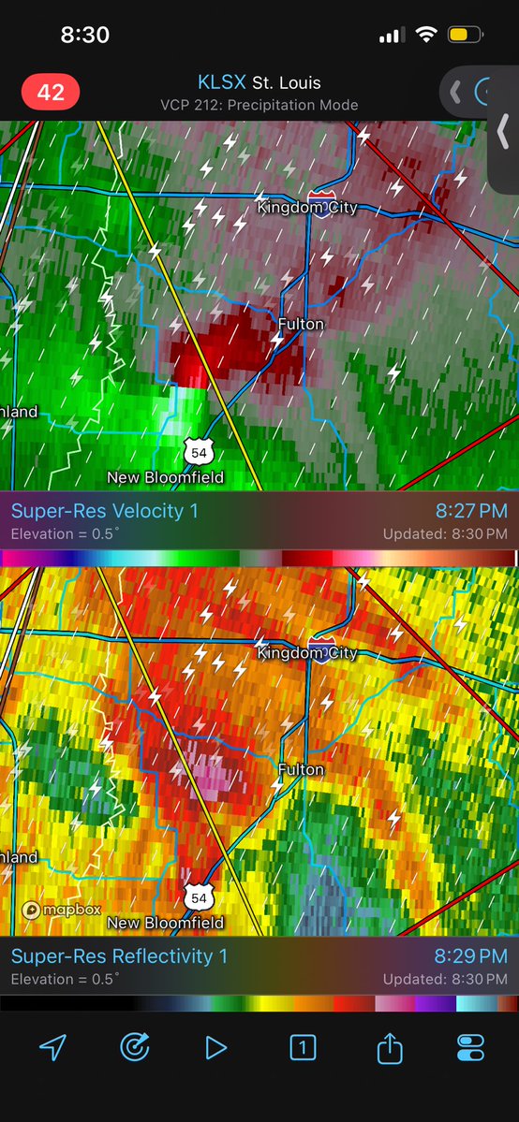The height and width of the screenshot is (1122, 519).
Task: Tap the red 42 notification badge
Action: [x=51, y=93]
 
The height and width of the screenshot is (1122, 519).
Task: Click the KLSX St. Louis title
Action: [x=259, y=82]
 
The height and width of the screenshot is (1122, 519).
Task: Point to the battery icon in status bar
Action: [x=465, y=36]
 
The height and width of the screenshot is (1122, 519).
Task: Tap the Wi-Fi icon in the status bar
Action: [x=427, y=36]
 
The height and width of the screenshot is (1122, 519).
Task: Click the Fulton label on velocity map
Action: [x=301, y=324]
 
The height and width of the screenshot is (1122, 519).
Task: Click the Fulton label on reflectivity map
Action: [x=301, y=769]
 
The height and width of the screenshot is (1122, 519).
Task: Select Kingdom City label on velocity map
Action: [x=307, y=207]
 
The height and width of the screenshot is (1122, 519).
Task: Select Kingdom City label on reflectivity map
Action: [x=307, y=652]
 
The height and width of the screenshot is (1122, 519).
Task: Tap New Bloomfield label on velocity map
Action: [x=165, y=477]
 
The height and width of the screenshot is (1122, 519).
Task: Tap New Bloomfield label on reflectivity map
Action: [x=165, y=923]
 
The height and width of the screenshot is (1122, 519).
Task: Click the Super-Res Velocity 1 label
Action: [x=105, y=512]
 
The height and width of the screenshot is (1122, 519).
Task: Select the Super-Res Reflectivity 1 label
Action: [x=119, y=956]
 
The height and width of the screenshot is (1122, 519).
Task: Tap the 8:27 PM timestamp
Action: [x=471, y=512]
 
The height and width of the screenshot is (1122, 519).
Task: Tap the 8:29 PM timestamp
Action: [x=471, y=956]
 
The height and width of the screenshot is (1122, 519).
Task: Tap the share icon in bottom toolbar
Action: [x=388, y=1048]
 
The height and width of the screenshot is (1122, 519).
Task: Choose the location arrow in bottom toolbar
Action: [x=52, y=1048]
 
